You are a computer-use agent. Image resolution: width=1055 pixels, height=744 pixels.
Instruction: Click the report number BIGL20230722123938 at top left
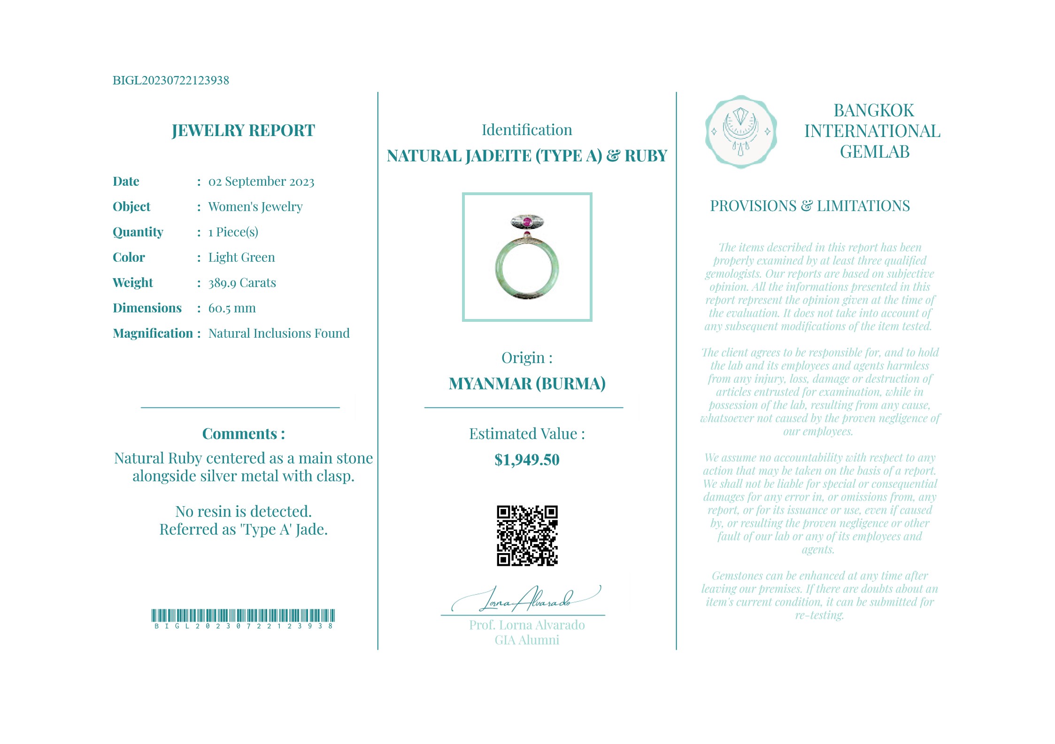pyautogui.click(x=171, y=80)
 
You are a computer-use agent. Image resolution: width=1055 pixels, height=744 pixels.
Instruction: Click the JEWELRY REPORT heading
pyautogui.click(x=243, y=130)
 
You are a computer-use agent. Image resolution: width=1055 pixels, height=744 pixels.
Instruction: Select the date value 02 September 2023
pyautogui.click(x=261, y=182)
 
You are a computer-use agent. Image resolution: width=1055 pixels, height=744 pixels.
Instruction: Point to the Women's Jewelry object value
pyautogui.click(x=255, y=207)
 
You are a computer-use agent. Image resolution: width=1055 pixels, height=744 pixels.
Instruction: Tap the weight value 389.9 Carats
pyautogui.click(x=242, y=283)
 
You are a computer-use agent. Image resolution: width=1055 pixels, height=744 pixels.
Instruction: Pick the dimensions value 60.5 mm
pyautogui.click(x=232, y=308)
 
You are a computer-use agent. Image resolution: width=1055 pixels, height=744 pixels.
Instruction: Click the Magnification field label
pyautogui.click(x=153, y=334)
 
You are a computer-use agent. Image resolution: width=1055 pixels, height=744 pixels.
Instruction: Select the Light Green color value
pyautogui.click(x=241, y=258)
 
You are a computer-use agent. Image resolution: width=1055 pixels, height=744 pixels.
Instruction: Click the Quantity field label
pyautogui.click(x=138, y=232)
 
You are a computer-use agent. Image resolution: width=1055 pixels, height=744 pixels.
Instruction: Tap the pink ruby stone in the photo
pyautogui.click(x=527, y=221)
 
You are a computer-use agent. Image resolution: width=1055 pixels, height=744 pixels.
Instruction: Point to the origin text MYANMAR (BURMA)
pyautogui.click(x=527, y=384)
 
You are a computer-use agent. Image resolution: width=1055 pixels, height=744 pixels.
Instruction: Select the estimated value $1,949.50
pyautogui.click(x=527, y=460)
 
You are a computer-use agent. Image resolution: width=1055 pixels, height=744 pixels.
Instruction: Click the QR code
pyautogui.click(x=527, y=535)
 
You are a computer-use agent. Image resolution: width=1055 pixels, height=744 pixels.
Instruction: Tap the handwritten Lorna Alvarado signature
pyautogui.click(x=526, y=600)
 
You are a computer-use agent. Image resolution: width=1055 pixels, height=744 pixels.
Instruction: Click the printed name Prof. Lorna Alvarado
pyautogui.click(x=527, y=625)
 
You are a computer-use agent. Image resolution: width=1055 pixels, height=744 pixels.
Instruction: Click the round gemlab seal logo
pyautogui.click(x=740, y=132)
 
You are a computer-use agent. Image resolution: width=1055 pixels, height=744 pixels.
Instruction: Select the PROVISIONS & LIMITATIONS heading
pyautogui.click(x=809, y=206)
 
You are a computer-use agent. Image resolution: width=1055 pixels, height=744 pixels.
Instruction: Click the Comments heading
pyautogui.click(x=243, y=434)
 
